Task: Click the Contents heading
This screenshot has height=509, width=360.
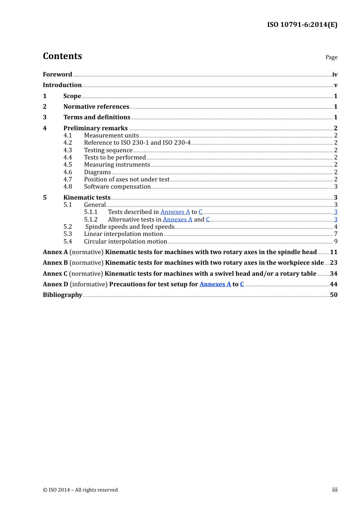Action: click(62, 56)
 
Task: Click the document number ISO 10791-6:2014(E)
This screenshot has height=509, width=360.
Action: click(302, 25)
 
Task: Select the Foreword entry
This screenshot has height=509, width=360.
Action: click(57, 74)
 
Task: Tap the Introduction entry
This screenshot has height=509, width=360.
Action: click(62, 85)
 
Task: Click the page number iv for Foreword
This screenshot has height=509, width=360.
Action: click(335, 74)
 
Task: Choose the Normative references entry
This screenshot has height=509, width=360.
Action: click(96, 106)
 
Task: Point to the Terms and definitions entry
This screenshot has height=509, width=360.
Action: click(97, 117)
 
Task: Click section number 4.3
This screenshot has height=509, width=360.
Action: click(67, 150)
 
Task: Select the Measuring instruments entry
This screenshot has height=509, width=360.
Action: click(117, 164)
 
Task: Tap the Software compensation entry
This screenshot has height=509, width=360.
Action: click(117, 186)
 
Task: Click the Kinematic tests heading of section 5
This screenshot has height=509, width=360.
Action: click(87, 197)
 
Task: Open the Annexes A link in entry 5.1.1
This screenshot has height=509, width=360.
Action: click(175, 212)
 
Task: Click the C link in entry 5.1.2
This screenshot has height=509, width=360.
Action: click(208, 219)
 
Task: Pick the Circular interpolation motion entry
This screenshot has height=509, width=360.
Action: click(125, 241)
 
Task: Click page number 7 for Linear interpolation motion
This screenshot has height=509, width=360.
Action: click(336, 234)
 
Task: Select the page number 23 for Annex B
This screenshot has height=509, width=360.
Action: click(333, 262)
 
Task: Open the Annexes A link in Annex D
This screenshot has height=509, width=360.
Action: click(215, 284)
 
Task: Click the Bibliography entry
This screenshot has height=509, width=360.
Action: click(63, 295)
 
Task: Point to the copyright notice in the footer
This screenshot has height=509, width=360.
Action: click(80, 490)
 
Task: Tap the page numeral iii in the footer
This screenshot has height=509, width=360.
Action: click(335, 490)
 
